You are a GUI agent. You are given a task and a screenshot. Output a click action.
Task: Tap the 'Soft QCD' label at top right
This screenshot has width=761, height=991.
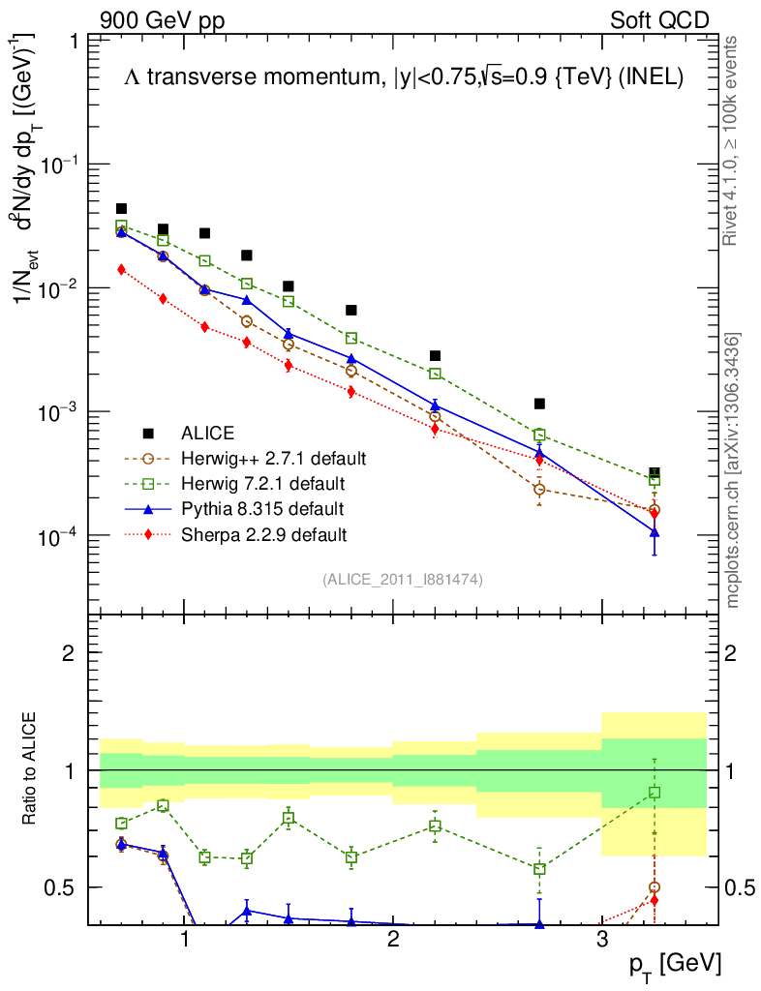(x=659, y=20)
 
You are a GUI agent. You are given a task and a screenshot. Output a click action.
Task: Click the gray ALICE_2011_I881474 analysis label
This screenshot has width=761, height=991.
(x=402, y=579)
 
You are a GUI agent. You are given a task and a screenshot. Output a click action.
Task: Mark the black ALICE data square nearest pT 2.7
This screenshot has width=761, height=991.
(x=539, y=404)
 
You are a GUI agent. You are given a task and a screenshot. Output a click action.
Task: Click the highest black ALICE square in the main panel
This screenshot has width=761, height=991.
(x=121, y=208)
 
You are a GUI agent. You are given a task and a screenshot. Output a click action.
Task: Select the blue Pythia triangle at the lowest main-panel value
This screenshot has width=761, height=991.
(x=654, y=532)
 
